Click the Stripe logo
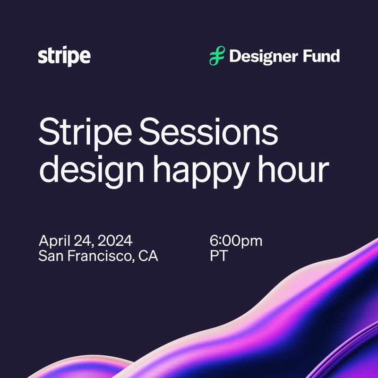(x=64, y=56)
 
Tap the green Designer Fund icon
(x=217, y=56)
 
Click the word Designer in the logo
(x=263, y=57)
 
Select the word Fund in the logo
(x=321, y=56)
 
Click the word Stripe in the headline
(x=85, y=134)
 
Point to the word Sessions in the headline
(x=208, y=132)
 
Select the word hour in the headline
(x=293, y=169)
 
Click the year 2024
(x=115, y=241)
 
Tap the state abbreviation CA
(x=148, y=256)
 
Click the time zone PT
(x=219, y=256)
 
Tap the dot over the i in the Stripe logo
(x=65, y=48)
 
